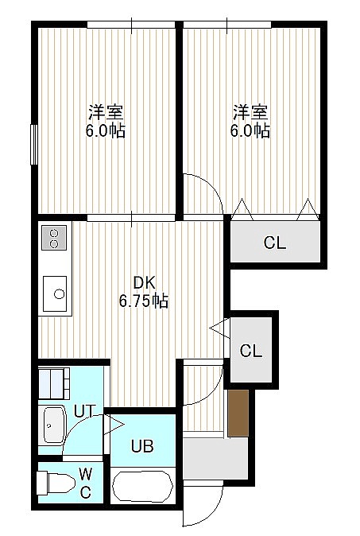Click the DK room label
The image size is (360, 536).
click(144, 282)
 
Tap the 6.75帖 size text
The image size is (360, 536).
click(144, 301)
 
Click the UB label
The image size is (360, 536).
click(142, 446)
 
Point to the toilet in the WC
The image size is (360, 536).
click(56, 483)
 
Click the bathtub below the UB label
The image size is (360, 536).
click(142, 486)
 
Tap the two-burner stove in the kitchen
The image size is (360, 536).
click(54, 238)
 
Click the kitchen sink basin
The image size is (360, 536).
click(55, 293)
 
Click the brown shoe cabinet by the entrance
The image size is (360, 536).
click(238, 413)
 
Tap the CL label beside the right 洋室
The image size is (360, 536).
click(275, 243)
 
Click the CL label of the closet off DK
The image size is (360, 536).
click(251, 351)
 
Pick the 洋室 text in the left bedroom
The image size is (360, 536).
click(106, 112)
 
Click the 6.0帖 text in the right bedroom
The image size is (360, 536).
click(250, 130)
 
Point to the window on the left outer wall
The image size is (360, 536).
click(34, 144)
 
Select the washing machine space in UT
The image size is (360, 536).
click(54, 383)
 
